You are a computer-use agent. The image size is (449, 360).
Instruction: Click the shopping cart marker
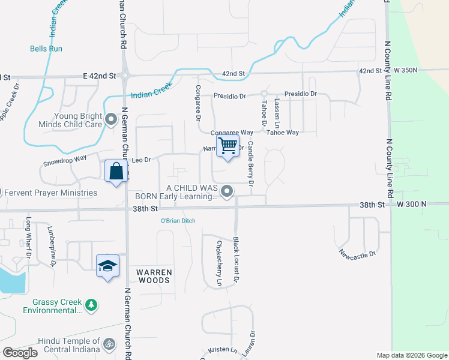pyautogui.click(x=228, y=146)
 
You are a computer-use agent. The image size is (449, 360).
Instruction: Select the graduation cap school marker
pyautogui.click(x=108, y=266)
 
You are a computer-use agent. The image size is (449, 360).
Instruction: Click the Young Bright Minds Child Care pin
pyautogui.click(x=110, y=120)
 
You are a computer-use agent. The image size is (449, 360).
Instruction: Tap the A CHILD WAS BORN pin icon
pyautogui.click(x=227, y=191)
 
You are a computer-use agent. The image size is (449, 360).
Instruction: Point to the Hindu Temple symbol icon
pyautogui.click(x=109, y=345)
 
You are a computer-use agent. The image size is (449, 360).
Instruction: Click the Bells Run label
pyautogui.click(x=47, y=49)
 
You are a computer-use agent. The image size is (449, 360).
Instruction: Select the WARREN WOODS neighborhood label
pyautogui.click(x=154, y=276)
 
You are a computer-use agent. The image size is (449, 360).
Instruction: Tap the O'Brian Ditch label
pyautogui.click(x=178, y=221)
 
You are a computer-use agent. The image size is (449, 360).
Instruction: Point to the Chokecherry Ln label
pyautogui.click(x=219, y=263)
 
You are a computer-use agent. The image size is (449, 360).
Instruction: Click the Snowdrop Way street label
pyautogui.click(x=65, y=161)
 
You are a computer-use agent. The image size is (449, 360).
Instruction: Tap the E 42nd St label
pyautogui.click(x=99, y=76)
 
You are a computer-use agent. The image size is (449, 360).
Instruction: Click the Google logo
pyautogui.click(x=20, y=353)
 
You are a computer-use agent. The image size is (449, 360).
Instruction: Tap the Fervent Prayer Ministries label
pyautogui.click(x=50, y=193)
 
